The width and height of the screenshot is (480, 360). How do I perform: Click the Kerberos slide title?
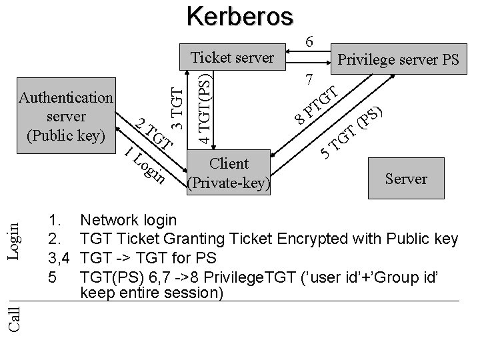[x=239, y=15]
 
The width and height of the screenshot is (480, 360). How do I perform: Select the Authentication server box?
[x=66, y=116]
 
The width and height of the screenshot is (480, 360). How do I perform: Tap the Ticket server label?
[x=232, y=57]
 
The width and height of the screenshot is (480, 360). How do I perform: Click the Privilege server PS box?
[x=398, y=60]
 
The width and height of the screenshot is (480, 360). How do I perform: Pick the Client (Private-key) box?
[x=229, y=172]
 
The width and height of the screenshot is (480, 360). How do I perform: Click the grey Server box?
[x=405, y=178]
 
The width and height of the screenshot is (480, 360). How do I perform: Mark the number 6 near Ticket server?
[x=309, y=41]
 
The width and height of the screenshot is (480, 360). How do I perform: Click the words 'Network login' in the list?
[x=128, y=220]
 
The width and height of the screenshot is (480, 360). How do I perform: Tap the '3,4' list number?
[x=61, y=257]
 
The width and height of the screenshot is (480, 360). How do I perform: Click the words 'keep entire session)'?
[x=151, y=293]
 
